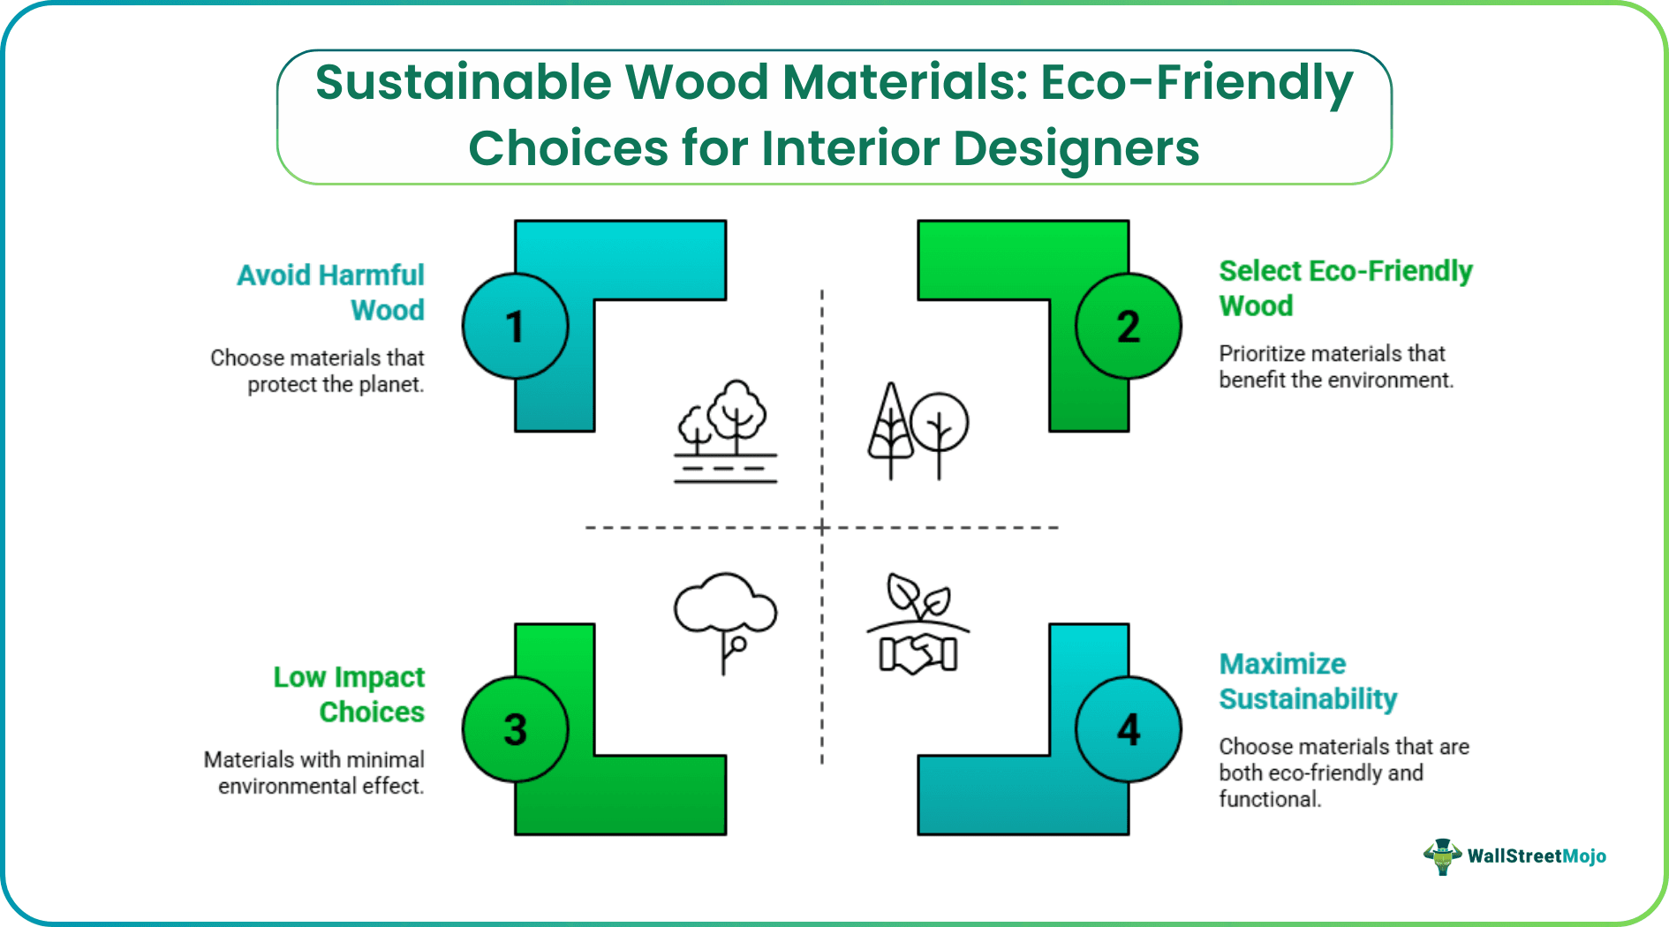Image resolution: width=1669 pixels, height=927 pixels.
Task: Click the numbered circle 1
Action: coord(515,327)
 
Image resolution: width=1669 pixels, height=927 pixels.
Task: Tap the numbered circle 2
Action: coord(1128,327)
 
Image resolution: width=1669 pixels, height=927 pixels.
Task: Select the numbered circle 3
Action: coord(515,729)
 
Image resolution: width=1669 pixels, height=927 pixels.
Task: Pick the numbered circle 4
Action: coord(1128,729)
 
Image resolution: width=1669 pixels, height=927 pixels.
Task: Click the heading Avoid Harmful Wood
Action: coord(331,292)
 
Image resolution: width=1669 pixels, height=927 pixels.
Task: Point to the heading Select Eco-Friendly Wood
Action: coord(1344,288)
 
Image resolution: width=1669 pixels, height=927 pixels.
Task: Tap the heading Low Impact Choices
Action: coord(350,694)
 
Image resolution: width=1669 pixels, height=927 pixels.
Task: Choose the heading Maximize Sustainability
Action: coord(1307,681)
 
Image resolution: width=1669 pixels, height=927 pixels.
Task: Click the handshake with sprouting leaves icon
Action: coord(918,625)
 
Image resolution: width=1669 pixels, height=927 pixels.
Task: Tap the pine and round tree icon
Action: coord(917,431)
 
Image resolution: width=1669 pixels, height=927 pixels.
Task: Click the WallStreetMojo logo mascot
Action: coord(1442,855)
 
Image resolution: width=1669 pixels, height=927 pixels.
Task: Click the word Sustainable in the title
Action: coord(464,82)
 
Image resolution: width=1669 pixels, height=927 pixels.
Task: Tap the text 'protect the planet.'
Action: coord(336,385)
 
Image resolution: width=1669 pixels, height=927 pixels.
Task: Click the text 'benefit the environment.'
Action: coord(1335,381)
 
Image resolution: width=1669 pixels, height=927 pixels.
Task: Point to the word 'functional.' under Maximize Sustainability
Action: coord(1270,799)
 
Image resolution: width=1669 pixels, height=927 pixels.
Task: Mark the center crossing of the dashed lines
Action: coord(822,528)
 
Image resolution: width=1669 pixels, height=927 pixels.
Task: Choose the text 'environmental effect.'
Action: coord(321,787)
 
